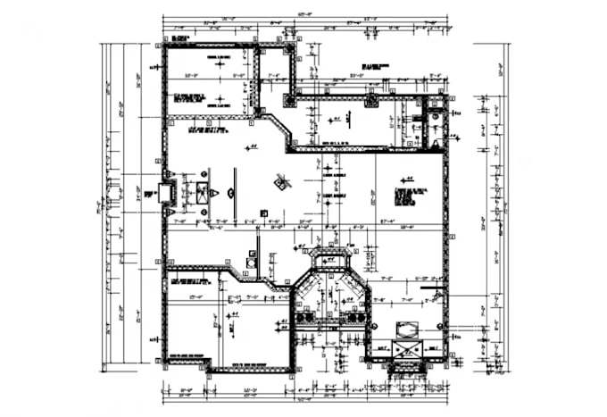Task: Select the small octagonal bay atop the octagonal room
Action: [329, 260]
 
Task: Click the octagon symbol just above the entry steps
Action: [406, 331]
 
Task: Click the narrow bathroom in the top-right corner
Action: [432, 125]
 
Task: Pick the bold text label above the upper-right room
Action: [375, 67]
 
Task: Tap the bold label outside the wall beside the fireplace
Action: [148, 193]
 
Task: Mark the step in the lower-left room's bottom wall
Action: [207, 365]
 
